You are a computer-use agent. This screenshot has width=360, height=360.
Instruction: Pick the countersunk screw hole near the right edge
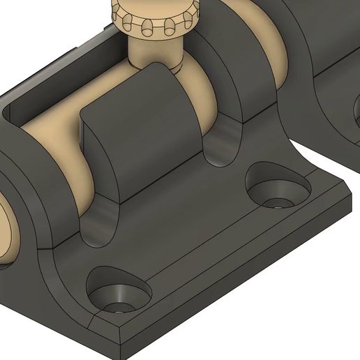click(278, 188)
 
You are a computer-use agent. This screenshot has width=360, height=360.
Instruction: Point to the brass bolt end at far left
click(6, 230)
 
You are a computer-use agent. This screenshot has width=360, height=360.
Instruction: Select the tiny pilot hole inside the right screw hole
click(279, 204)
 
